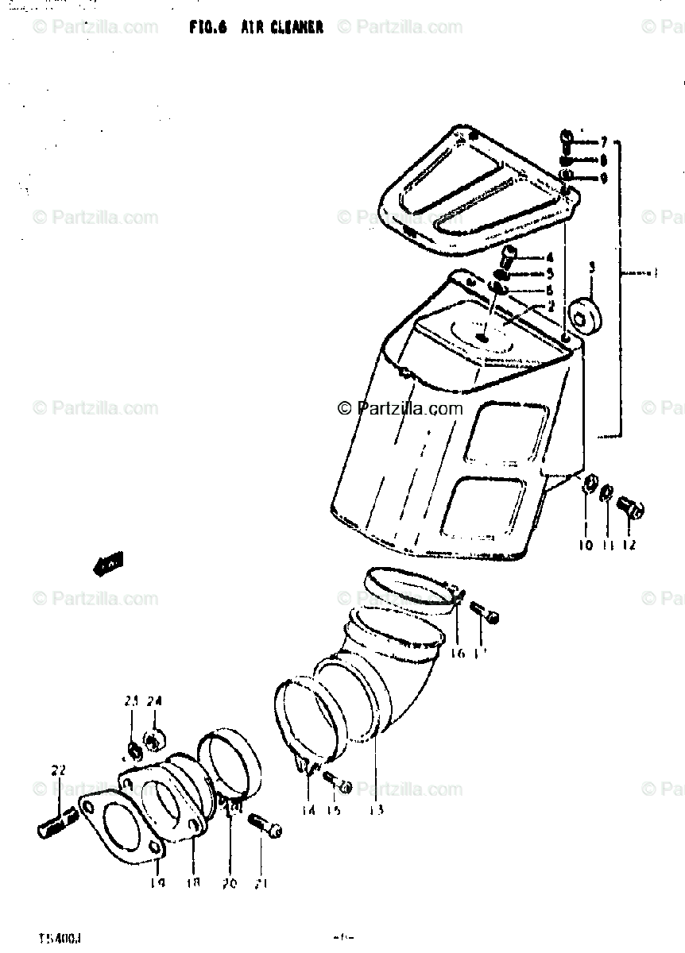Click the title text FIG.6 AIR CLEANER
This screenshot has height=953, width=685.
point(256,27)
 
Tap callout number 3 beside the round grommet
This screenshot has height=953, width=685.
point(592,269)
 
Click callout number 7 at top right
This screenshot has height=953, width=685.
point(603,142)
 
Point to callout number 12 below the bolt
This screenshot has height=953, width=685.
point(629,545)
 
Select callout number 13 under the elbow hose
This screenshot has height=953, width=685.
point(376,809)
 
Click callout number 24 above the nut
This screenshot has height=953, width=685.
point(154,701)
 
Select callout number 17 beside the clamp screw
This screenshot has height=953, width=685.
point(481,653)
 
